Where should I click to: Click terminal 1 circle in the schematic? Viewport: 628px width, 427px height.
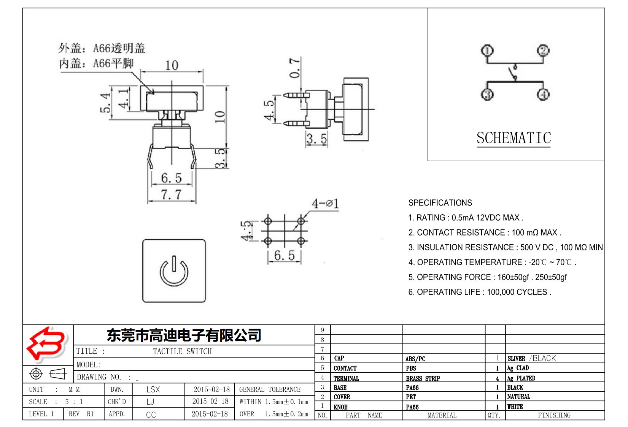click(487, 51)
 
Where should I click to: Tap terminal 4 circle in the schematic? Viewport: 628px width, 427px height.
click(543, 94)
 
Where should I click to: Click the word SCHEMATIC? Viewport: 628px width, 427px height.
click(514, 138)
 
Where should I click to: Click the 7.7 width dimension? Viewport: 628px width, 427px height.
click(171, 195)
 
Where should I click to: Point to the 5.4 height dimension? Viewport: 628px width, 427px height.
click(105, 103)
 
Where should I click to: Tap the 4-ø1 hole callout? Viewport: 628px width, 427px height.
click(325, 204)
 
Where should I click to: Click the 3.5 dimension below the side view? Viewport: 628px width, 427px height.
click(316, 139)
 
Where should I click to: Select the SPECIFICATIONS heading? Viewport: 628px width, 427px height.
click(440, 203)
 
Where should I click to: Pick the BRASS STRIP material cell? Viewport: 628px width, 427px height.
click(423, 378)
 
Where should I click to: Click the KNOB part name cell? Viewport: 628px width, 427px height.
click(340, 407)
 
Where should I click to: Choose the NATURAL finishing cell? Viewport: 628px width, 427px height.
click(518, 397)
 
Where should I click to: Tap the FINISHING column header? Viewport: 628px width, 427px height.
click(554, 415)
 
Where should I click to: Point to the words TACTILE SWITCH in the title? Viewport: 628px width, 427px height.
click(182, 351)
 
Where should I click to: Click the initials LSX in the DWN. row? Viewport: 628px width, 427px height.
click(153, 389)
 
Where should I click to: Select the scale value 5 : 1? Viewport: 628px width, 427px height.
click(74, 402)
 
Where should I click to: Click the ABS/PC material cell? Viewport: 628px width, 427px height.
click(415, 359)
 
